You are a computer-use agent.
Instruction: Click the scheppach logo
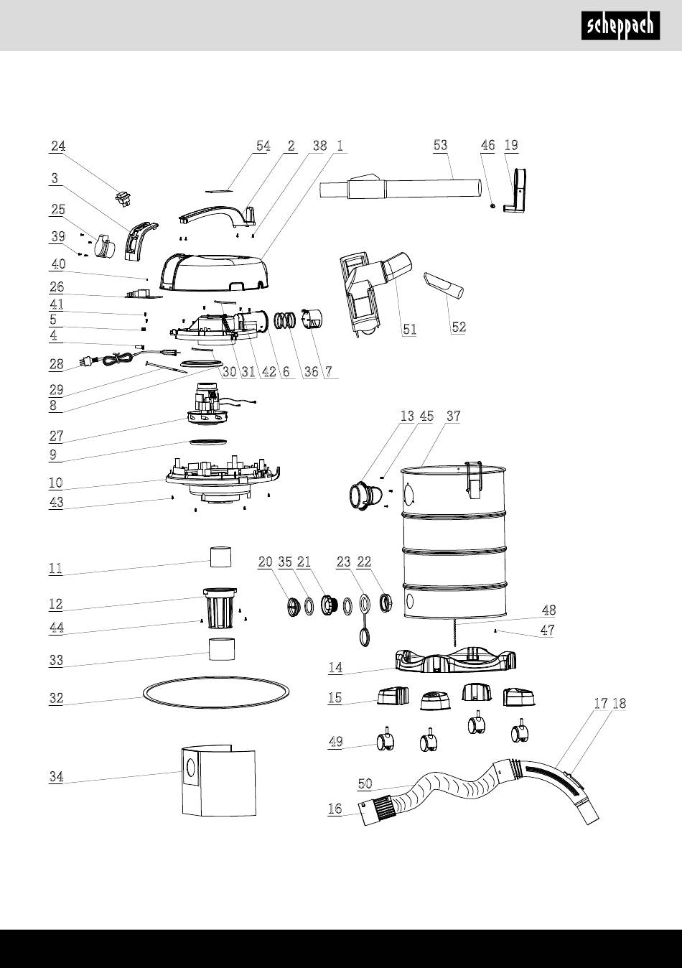pos(620,26)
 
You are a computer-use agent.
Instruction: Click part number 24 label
pos(58,146)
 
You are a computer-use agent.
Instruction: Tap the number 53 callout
pos(441,145)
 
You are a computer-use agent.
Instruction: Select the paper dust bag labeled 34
pos(218,780)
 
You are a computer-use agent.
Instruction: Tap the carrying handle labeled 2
pos(217,215)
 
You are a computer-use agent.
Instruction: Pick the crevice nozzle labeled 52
pos(444,286)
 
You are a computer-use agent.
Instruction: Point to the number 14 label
pos(335,668)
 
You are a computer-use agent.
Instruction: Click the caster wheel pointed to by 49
pos(385,742)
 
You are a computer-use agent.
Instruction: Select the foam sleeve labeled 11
pos(220,557)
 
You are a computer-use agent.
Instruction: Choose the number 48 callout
pos(548,610)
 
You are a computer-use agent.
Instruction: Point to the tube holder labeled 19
pos(515,190)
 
